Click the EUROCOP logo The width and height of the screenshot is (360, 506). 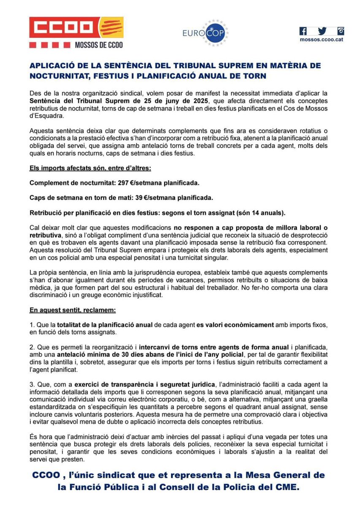coord(206,33)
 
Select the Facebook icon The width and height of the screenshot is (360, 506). coord(303,31)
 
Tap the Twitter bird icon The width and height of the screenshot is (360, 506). coord(322,31)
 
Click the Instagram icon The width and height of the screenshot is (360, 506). coord(340,31)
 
